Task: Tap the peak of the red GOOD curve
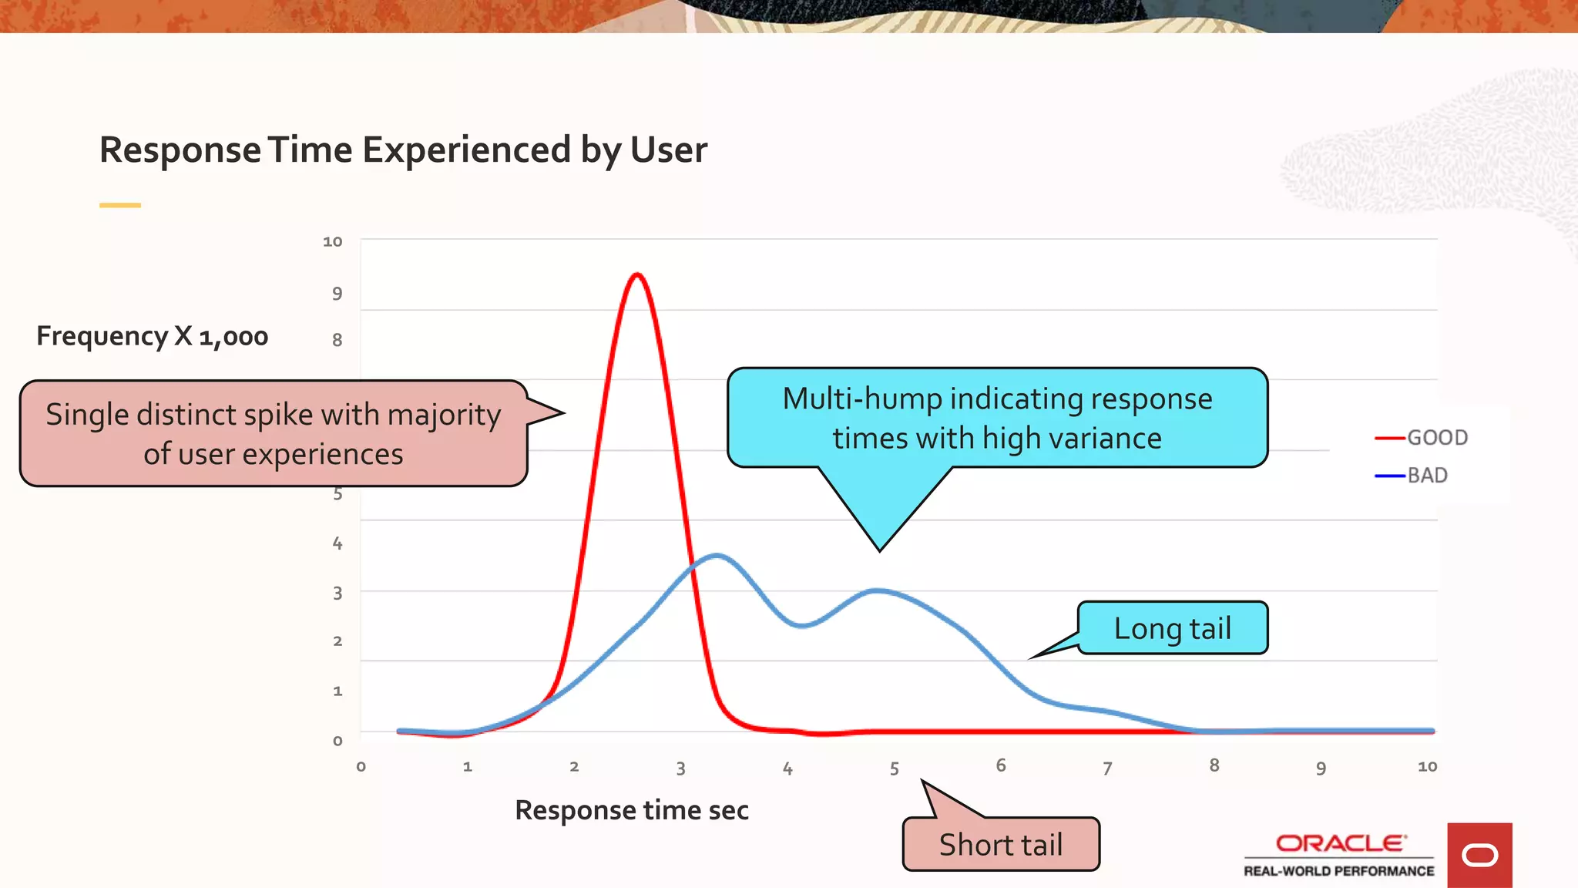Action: tap(637, 274)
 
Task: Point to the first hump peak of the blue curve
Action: tap(717, 555)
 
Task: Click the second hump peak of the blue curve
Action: tap(878, 590)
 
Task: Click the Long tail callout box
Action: tap(1172, 628)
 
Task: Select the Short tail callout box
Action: tap(1000, 845)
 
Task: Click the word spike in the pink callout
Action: tap(278, 415)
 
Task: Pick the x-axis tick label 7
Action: tap(1107, 769)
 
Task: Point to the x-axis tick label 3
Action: tap(680, 769)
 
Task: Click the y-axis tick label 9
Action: tap(337, 294)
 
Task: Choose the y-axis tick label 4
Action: tap(337, 543)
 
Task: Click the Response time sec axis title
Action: tap(631, 810)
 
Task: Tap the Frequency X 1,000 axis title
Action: tap(152, 336)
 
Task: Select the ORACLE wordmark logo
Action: tap(1340, 843)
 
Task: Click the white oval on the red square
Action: tap(1479, 856)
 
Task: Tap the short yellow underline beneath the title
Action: tap(119, 205)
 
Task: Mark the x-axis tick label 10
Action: tap(1427, 766)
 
